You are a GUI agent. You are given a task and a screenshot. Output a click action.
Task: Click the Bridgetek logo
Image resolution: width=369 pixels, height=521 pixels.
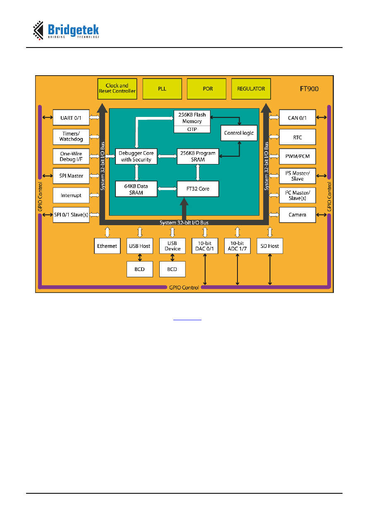(66, 31)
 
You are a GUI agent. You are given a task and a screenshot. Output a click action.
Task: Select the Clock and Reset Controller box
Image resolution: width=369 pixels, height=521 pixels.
(117, 89)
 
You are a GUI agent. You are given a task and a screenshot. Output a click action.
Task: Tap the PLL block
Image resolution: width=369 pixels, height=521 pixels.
(162, 89)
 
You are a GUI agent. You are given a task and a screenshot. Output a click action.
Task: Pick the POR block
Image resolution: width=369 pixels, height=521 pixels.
(206, 89)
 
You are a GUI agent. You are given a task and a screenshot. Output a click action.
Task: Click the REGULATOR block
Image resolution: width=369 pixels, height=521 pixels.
(251, 89)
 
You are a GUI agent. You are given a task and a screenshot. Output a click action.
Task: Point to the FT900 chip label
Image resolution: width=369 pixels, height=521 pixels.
(309, 89)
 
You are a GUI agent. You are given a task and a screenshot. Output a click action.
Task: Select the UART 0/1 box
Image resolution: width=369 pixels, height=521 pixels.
(71, 117)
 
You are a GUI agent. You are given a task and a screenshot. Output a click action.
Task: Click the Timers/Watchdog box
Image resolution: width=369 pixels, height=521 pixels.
(71, 137)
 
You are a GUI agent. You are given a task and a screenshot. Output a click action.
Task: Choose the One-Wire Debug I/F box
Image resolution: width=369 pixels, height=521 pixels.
(71, 156)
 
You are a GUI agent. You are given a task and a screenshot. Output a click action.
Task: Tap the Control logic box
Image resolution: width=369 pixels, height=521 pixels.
(239, 133)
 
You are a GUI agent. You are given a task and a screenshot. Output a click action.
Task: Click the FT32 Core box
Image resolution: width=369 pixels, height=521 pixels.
(198, 189)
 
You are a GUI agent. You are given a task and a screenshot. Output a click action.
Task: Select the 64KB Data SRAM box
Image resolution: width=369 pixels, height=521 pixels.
(136, 189)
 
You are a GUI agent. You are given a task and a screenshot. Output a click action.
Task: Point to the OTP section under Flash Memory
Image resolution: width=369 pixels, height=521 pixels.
(192, 129)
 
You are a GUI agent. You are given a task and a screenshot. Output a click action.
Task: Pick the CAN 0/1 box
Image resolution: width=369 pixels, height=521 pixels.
(297, 117)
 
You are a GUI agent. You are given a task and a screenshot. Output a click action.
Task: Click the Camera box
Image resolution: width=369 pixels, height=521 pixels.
(297, 215)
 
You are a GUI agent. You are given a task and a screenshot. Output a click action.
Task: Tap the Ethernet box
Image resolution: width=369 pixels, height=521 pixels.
(107, 246)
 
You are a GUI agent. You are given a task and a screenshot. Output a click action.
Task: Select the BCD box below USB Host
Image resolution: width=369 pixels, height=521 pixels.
(140, 269)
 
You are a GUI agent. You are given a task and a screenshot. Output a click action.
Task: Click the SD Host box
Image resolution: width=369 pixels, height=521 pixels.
(270, 246)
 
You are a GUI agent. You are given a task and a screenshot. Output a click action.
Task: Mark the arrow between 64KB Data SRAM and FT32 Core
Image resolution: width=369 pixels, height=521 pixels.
(167, 189)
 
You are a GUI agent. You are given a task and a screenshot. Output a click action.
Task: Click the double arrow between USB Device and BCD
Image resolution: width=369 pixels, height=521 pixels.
(172, 257)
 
